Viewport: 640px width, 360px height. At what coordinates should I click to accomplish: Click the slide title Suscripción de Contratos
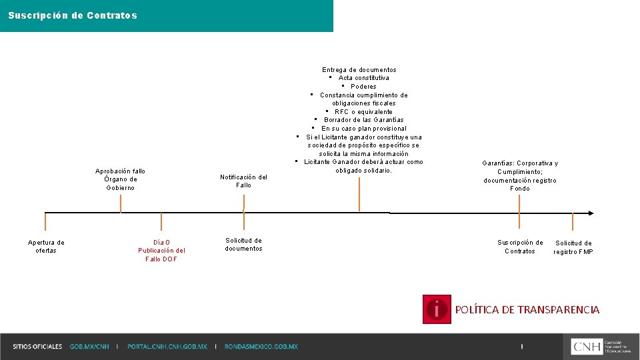pyautogui.click(x=73, y=15)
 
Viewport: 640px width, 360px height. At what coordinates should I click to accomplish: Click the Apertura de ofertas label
pyautogui.click(x=46, y=247)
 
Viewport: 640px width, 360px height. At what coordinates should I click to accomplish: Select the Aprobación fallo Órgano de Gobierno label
pyautogui.click(x=120, y=179)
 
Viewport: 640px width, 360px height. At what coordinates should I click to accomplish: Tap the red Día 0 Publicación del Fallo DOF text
pyautogui.click(x=161, y=251)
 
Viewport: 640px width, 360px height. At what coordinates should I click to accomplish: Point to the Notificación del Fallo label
pyautogui.click(x=243, y=181)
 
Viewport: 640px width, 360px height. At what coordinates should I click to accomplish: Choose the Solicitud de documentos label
pyautogui.click(x=243, y=245)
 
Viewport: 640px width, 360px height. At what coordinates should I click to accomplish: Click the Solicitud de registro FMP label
pyautogui.click(x=573, y=247)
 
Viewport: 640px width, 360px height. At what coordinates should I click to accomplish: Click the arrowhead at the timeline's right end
pyautogui.click(x=590, y=213)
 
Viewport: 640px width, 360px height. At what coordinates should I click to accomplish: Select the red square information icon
pyautogui.click(x=437, y=309)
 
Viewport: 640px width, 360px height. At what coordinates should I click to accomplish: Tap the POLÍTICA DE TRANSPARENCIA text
pyautogui.click(x=527, y=310)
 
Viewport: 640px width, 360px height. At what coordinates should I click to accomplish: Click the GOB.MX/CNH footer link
pyautogui.click(x=89, y=347)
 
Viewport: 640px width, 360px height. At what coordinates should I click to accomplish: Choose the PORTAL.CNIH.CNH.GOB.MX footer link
pyautogui.click(x=167, y=347)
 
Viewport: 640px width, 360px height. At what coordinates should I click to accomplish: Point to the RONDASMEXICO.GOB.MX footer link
pyautogui.click(x=261, y=347)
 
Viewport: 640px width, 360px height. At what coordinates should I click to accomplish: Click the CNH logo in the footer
pyautogui.click(x=601, y=346)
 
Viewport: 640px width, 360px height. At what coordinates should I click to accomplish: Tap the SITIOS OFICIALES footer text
pyautogui.click(x=37, y=347)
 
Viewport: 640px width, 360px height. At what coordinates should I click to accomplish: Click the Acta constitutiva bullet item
pyautogui.click(x=363, y=78)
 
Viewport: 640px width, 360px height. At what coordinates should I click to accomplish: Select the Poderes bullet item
pyautogui.click(x=363, y=87)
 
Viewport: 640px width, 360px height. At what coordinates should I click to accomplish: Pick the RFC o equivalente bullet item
pyautogui.click(x=363, y=112)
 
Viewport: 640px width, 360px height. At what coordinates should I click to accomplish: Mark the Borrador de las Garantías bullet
pyautogui.click(x=363, y=120)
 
